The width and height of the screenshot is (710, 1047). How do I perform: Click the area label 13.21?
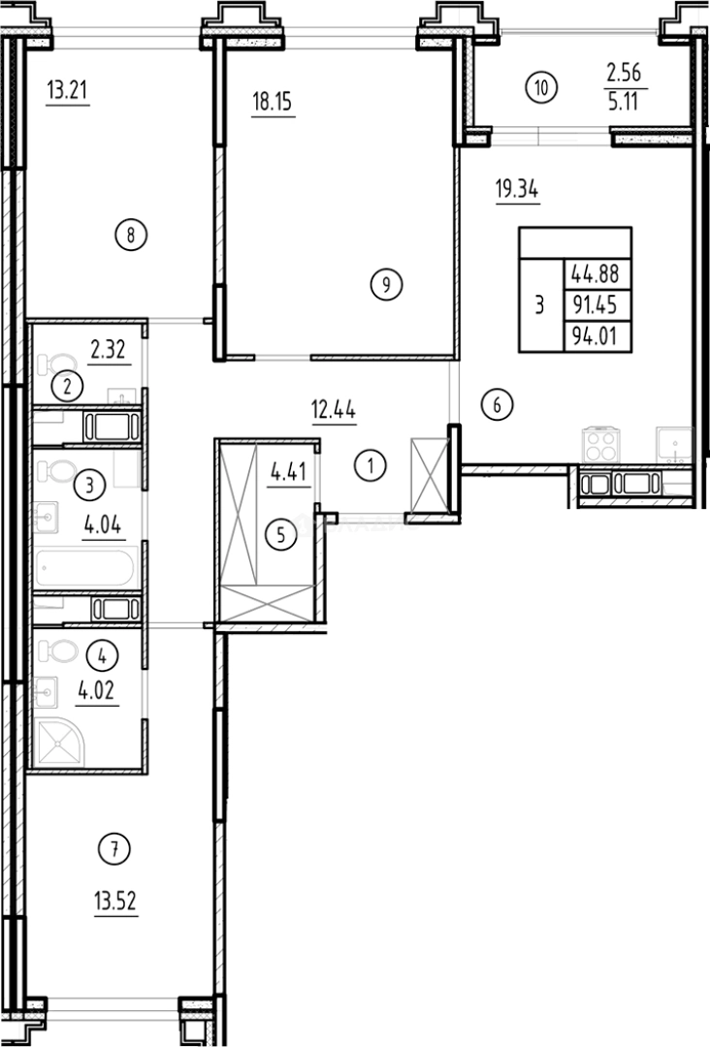pos(67,92)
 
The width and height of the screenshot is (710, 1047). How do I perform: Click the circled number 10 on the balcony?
pos(542,87)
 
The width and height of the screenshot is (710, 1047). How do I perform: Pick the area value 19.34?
pos(516,190)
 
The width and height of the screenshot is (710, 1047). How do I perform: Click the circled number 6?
pos(496,405)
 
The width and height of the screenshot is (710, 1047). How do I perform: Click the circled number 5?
pos(280,532)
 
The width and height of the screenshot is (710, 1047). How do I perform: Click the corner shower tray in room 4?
pos(61,744)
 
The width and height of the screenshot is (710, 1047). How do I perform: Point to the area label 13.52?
pos(115,904)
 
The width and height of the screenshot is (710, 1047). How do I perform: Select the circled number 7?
pos(114,850)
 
